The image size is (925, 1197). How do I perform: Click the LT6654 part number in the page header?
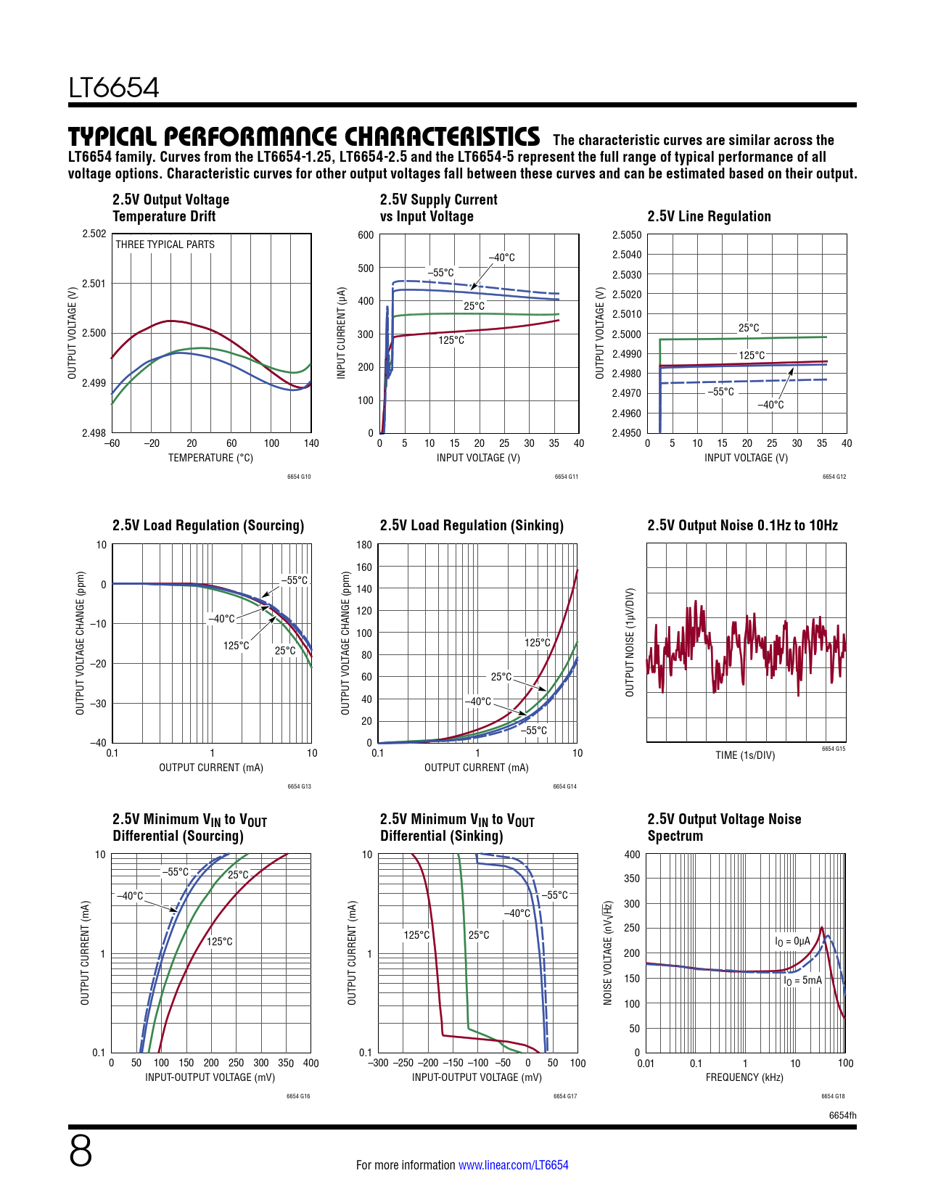coord(114,88)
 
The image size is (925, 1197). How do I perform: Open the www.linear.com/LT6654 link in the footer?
coord(513,1165)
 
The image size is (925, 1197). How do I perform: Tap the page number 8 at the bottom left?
coord(81,1151)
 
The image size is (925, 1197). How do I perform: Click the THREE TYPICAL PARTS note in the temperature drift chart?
coord(165,244)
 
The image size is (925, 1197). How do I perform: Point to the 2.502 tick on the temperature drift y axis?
coord(94,234)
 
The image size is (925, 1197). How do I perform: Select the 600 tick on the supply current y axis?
coord(366,235)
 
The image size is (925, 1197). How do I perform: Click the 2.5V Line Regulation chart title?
coord(709,216)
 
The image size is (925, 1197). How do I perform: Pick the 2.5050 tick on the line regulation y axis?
coord(626,235)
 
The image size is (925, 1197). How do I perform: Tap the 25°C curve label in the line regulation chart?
coord(749,328)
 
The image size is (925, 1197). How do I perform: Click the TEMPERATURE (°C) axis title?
coord(210,458)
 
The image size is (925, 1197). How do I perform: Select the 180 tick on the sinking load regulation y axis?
coord(364,545)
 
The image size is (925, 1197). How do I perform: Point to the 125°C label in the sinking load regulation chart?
coord(537,643)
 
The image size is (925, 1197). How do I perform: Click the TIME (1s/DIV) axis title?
coord(745,755)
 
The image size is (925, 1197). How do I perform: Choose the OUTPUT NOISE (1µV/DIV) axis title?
coord(630,643)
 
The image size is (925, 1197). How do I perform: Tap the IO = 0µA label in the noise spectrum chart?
coord(792,941)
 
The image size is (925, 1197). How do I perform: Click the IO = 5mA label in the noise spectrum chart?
coord(802,980)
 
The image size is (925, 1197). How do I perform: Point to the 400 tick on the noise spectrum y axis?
coord(632,855)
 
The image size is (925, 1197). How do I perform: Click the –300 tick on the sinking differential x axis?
coord(379,1063)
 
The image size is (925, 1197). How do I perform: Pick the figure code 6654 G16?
coord(298,1096)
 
